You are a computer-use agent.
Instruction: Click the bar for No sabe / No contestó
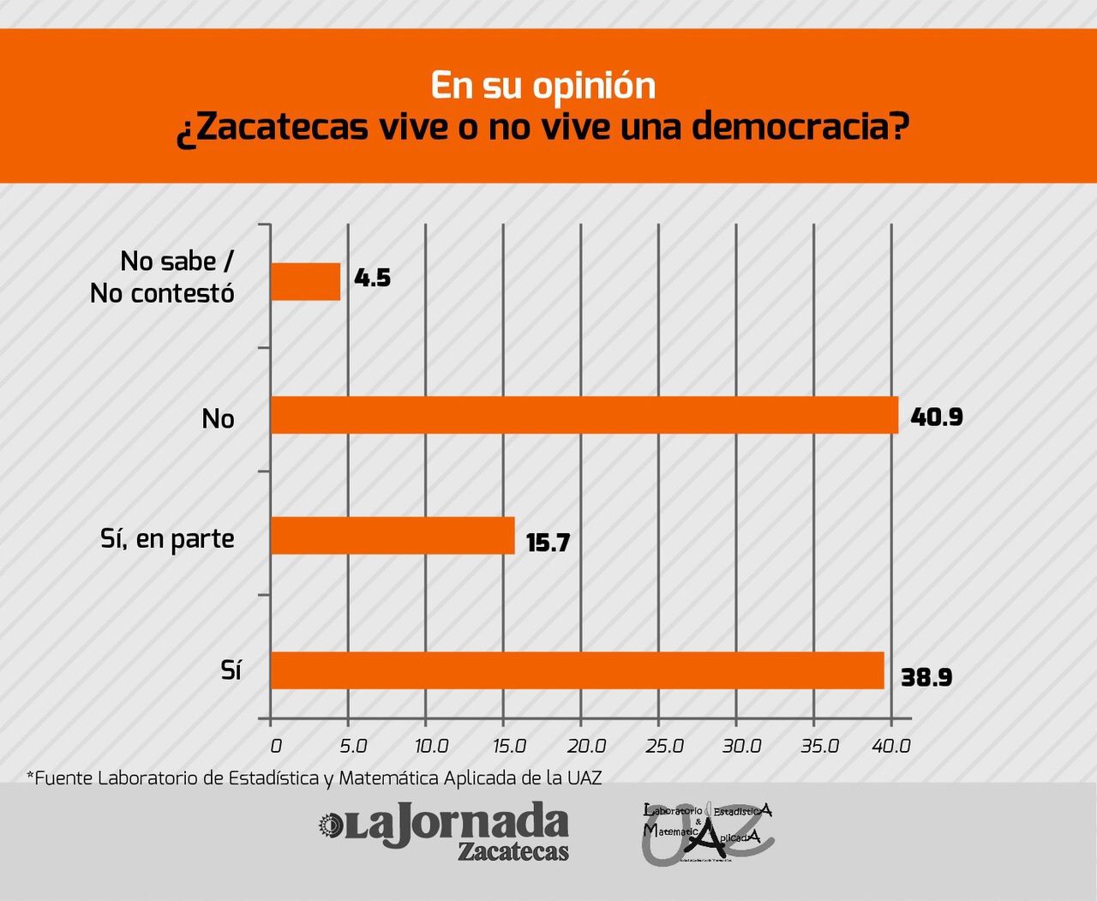[305, 281]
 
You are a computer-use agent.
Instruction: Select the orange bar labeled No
[584, 415]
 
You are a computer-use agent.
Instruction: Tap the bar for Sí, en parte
[392, 536]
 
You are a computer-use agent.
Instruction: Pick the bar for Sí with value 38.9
[577, 670]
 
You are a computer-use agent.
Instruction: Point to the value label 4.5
[372, 278]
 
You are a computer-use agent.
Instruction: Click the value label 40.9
[937, 417]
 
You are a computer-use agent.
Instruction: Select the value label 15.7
[548, 543]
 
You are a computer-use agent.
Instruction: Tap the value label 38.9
[926, 678]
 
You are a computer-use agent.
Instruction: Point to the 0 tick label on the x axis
[275, 746]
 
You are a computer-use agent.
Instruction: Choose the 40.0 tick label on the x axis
[891, 746]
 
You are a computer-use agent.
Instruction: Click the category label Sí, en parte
[167, 539]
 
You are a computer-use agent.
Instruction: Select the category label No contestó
[162, 293]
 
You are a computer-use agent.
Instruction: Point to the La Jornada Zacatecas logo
[443, 830]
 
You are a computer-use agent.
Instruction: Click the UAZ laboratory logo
[708, 832]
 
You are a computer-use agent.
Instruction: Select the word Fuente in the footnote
[64, 778]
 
